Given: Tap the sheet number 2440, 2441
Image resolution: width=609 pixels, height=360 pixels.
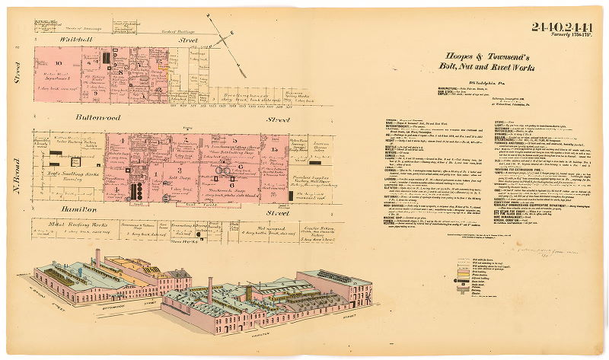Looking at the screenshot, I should click(x=562, y=29).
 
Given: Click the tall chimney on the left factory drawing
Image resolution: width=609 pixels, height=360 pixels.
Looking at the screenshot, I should click(x=97, y=258).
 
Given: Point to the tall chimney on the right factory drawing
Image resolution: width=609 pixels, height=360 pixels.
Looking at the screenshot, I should click(x=210, y=290).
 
